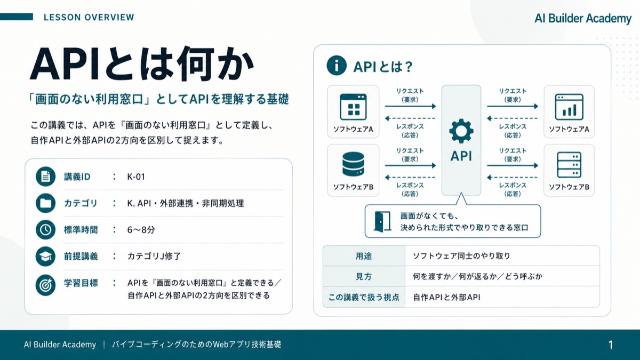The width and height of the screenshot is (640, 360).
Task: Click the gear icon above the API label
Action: point(461,131)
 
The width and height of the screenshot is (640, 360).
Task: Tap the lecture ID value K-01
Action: point(136,177)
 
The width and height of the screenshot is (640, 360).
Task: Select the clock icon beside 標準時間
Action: point(45,230)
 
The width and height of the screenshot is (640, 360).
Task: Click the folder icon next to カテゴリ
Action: point(45,203)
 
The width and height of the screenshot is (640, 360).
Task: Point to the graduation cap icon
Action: point(45,257)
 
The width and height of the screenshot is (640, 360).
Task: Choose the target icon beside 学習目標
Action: point(45,285)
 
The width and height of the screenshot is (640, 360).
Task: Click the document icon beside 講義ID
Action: point(45,177)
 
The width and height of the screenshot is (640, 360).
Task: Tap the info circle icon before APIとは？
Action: point(337,66)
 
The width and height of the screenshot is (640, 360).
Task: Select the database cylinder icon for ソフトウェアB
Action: point(353,164)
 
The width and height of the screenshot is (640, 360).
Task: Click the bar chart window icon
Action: point(569,107)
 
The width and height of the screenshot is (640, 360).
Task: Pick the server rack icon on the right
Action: point(569,165)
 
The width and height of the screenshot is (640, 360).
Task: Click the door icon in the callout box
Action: point(382,221)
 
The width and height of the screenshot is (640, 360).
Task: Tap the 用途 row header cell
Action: point(364,256)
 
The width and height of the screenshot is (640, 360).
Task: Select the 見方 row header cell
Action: point(364,276)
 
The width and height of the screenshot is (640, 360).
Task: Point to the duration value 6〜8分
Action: point(141,230)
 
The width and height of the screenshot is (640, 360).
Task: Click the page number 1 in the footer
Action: point(611,345)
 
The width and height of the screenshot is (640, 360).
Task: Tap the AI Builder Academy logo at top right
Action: point(583,19)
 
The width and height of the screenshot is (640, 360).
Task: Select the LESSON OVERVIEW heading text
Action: point(89,18)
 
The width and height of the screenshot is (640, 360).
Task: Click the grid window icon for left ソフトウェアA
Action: point(353,107)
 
